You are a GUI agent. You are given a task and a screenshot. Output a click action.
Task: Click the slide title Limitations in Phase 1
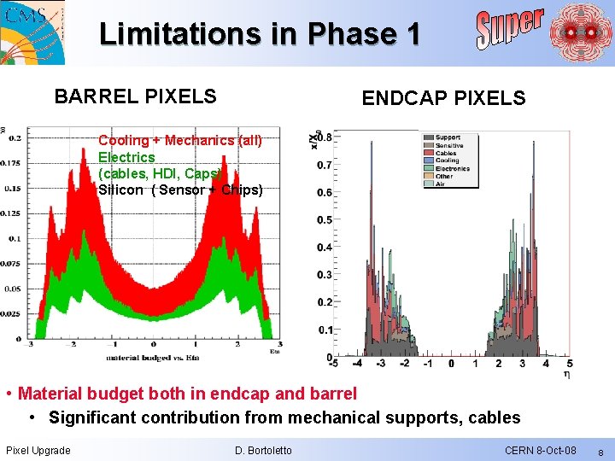tap(260, 33)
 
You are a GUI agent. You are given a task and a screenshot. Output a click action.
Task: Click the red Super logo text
tap(509, 28)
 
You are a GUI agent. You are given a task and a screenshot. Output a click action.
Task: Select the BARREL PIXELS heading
tap(135, 96)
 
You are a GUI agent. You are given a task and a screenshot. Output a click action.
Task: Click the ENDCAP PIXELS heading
tap(443, 98)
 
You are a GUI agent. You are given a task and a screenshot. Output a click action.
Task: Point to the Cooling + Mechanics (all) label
tap(180, 140)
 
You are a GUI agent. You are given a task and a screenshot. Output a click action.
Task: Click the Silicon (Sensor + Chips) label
tap(180, 190)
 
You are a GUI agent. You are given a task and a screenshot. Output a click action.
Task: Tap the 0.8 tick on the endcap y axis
tap(324, 137)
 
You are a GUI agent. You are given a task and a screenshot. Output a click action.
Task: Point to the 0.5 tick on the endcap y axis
tap(325, 219)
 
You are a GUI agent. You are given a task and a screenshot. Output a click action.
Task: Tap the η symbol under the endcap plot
tap(568, 374)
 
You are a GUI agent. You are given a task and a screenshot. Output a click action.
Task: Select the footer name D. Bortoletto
tap(262, 450)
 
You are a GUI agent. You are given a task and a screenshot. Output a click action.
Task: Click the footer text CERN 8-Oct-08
tap(540, 450)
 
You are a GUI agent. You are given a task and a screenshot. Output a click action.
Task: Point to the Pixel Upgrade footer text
tap(38, 450)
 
